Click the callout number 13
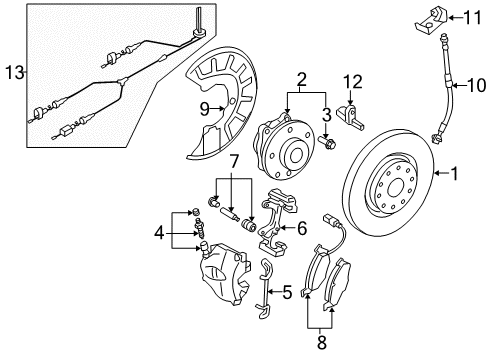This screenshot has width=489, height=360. click(15, 72)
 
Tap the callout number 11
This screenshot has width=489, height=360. click(472, 17)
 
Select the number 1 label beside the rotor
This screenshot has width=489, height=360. click(454, 173)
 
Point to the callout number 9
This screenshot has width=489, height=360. click(205, 109)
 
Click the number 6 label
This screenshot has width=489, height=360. click(302, 228)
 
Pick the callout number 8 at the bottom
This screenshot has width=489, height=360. click(321, 342)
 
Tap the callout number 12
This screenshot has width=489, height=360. click(353, 82)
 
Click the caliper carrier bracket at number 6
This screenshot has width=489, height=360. click(277, 222)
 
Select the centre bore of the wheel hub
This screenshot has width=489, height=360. click(296, 155)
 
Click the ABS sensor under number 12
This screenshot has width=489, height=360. click(350, 118)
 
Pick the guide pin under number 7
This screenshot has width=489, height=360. click(230, 214)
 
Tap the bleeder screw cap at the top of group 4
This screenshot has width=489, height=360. click(196, 211)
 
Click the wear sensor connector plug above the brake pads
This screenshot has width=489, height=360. click(329, 219)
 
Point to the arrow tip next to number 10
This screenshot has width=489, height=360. click(453, 86)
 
